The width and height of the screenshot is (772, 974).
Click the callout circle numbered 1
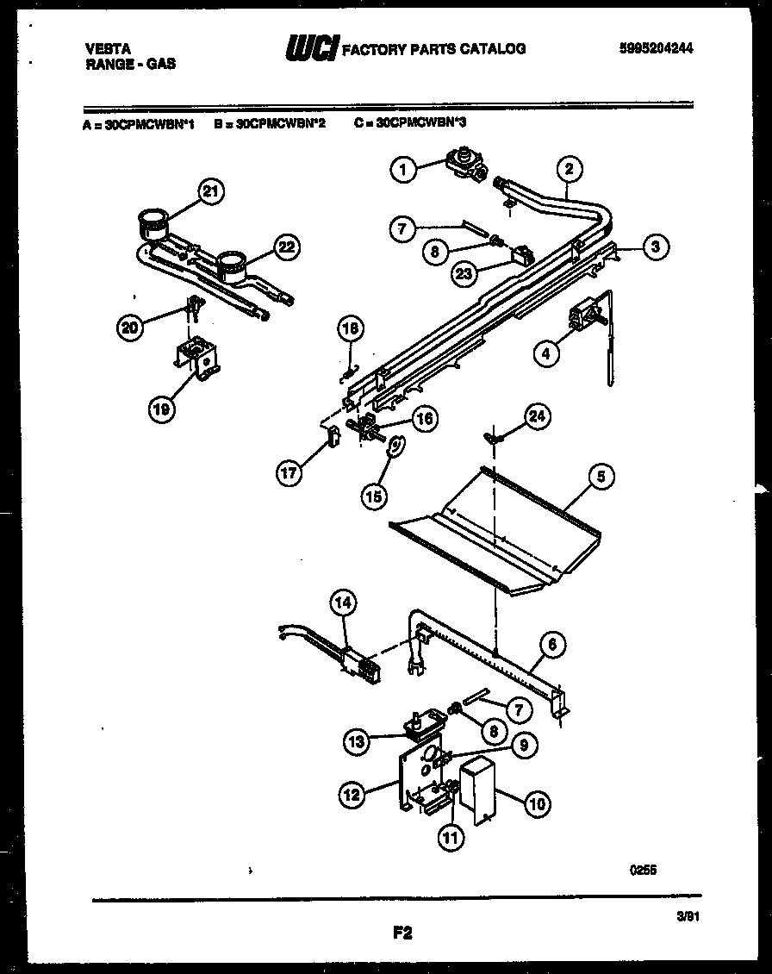click(x=402, y=170)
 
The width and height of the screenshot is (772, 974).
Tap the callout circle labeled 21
click(x=207, y=192)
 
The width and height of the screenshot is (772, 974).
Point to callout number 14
click(x=343, y=604)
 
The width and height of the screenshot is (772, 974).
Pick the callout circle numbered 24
click(x=537, y=417)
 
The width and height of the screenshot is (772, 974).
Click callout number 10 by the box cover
click(x=536, y=804)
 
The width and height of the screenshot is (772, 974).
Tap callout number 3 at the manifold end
click(x=655, y=247)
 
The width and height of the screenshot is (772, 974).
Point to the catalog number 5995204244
click(x=656, y=49)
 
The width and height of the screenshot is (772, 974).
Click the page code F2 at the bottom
click(x=402, y=933)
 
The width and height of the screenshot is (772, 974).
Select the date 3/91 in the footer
click(x=687, y=919)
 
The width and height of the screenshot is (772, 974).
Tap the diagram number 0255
click(x=643, y=871)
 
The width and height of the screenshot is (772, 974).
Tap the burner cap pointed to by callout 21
click(x=152, y=222)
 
